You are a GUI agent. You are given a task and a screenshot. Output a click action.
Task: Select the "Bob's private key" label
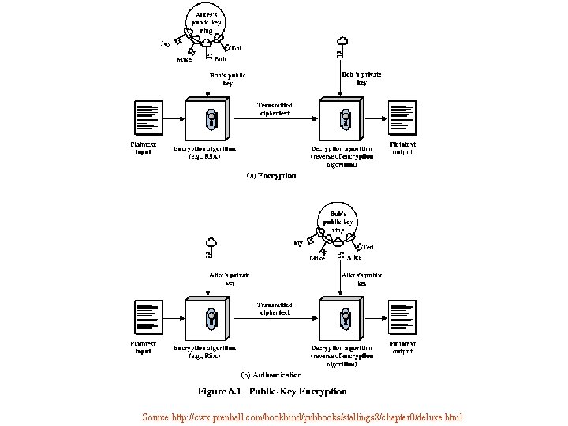click(361, 78)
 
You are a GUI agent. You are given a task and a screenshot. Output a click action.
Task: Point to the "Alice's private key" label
click(230, 278)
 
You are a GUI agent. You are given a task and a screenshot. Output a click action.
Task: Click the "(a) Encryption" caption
click(271, 175)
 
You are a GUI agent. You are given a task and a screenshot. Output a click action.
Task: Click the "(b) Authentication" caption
click(271, 375)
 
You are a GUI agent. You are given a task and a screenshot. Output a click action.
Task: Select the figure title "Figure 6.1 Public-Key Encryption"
click(271, 391)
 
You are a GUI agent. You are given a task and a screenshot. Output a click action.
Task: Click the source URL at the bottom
click(303, 417)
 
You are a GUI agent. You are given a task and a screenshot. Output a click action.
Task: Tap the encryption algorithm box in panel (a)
click(207, 119)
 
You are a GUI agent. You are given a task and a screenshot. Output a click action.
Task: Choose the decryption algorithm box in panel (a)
click(341, 119)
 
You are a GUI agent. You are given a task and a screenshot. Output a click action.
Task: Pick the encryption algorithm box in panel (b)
click(207, 319)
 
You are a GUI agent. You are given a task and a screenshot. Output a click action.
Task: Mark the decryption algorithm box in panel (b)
click(341, 319)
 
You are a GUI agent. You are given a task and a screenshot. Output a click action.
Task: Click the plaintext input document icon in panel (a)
click(148, 119)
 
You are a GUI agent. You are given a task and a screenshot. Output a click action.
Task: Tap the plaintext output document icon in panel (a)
click(402, 119)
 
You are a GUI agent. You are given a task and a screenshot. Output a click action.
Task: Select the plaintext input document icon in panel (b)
click(148, 319)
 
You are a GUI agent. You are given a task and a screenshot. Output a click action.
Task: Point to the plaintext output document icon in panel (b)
click(402, 319)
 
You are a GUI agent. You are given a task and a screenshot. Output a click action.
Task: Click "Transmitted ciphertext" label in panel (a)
click(275, 109)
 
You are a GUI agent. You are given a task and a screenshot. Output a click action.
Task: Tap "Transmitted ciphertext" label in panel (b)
click(275, 308)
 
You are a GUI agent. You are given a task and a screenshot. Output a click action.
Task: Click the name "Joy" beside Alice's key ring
click(166, 44)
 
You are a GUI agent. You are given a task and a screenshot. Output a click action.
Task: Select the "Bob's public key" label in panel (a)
click(227, 79)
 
